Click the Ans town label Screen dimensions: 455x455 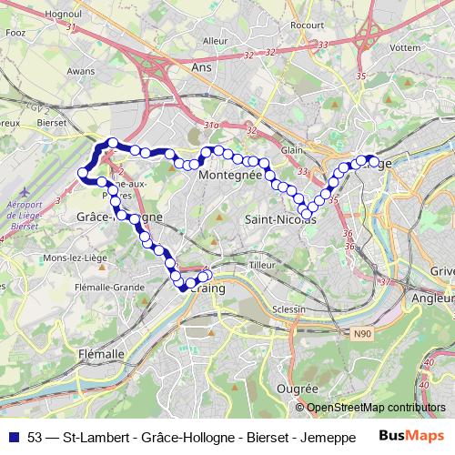201,66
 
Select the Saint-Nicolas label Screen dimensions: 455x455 274,220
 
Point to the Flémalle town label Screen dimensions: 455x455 102,353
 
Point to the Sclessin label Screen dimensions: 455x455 290,309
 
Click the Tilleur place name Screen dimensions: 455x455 262,264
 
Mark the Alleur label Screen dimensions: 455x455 216,41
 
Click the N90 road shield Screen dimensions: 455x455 364,335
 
